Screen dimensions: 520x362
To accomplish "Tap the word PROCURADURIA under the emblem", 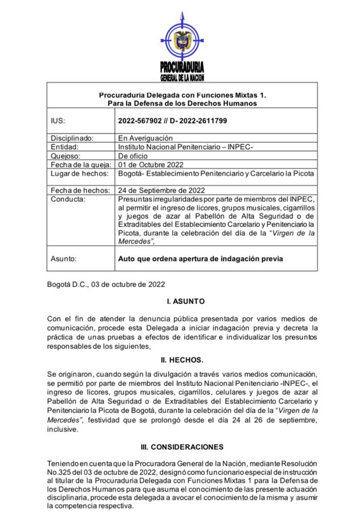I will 182,67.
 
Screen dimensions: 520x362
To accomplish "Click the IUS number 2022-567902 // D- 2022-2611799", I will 173,121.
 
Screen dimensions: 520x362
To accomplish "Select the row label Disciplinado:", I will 72,138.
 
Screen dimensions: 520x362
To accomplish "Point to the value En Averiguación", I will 146,138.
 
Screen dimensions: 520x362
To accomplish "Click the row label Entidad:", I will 65,147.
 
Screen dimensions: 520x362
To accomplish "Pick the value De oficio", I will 133,156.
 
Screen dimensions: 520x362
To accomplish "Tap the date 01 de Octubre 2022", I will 150,165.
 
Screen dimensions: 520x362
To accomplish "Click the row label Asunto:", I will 64,259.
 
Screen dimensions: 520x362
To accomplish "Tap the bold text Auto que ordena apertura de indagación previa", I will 200,259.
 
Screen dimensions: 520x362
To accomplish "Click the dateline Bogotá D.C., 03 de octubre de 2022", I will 106,283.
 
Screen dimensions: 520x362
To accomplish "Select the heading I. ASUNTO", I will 182,301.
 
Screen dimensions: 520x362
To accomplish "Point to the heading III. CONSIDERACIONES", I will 182,447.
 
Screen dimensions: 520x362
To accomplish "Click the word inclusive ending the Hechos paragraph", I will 63,430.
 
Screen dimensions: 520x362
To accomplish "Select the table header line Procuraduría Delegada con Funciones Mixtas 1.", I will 182,95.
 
